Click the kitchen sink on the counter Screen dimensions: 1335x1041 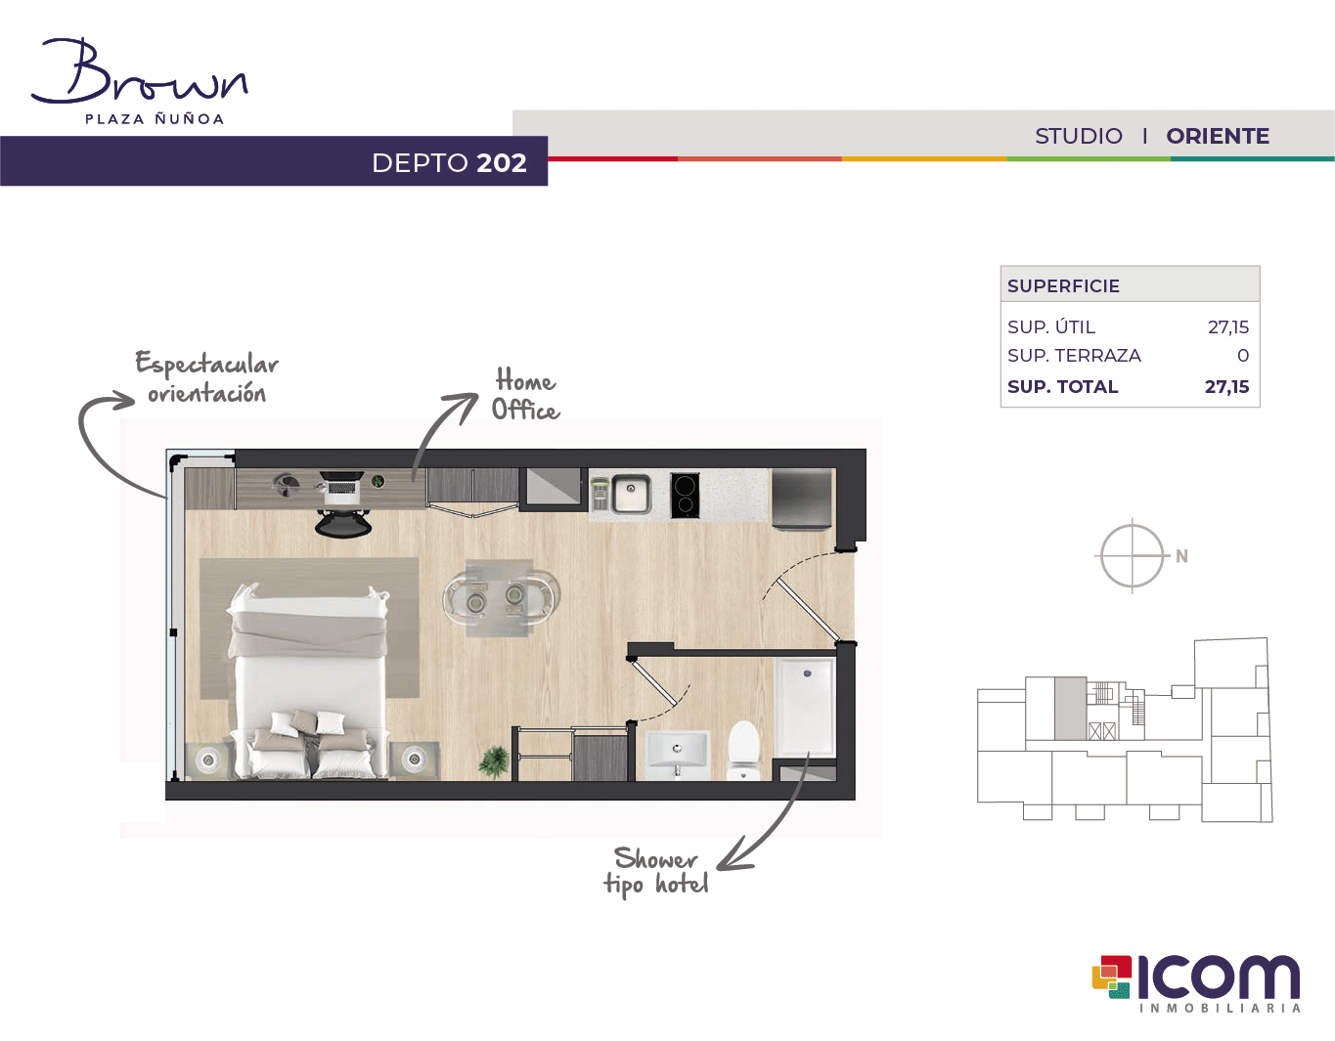(x=630, y=494)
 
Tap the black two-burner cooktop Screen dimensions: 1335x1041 (x=685, y=495)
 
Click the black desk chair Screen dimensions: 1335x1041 (x=343, y=522)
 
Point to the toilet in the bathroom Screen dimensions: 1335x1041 (x=744, y=750)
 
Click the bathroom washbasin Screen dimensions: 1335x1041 (x=677, y=755)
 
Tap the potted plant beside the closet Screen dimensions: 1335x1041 (x=494, y=761)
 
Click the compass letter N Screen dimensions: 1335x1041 (x=1181, y=556)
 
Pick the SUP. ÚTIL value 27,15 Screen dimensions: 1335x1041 (x=1228, y=326)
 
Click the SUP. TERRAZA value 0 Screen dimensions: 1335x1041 (x=1243, y=356)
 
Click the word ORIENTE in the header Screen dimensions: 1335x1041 (x=1218, y=136)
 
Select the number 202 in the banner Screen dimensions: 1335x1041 (x=502, y=163)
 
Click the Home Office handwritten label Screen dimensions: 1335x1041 (x=525, y=394)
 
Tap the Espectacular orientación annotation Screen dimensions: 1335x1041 (x=206, y=377)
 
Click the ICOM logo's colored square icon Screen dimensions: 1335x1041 (x=1111, y=976)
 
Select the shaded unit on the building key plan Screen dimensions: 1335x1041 (x=1070, y=709)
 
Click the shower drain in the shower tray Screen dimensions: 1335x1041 (x=807, y=673)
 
